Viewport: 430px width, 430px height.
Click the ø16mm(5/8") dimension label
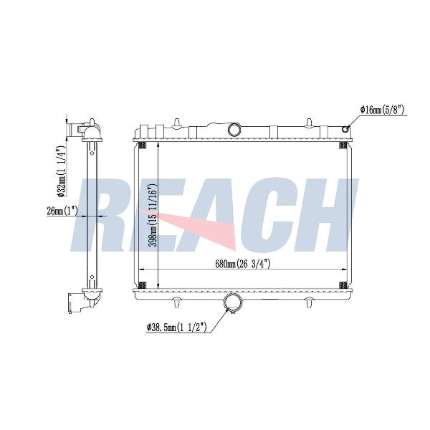382,110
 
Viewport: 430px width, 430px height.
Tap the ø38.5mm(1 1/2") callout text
176,328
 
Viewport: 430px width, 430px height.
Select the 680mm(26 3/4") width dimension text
243,264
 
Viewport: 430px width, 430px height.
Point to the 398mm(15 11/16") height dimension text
153,215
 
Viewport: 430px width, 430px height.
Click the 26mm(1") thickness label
62,211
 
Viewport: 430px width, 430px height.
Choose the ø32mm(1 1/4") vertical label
61,171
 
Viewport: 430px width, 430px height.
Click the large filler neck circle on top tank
234,129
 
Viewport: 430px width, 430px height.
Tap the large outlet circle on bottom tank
234,302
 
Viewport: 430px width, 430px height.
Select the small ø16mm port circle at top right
345,129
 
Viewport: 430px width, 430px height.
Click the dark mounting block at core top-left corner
143,145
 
